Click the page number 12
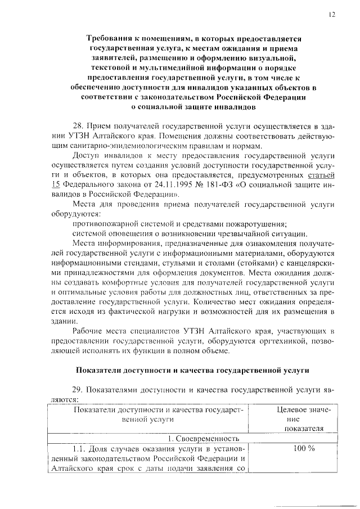pos(332,15)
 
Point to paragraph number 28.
pos(80,125)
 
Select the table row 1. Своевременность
pos(193,438)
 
